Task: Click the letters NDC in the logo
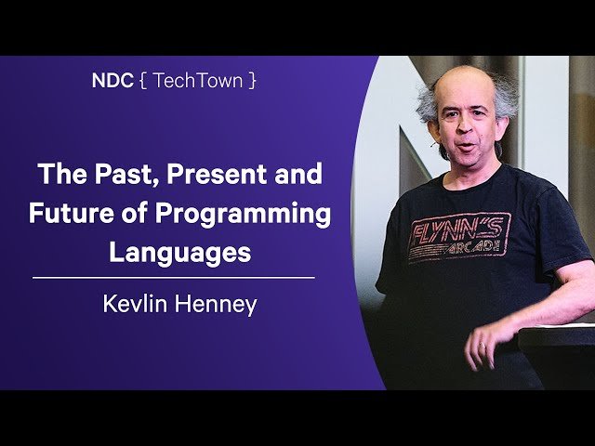112,80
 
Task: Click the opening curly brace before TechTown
141,81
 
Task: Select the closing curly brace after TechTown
252,81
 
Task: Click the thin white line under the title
173,277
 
